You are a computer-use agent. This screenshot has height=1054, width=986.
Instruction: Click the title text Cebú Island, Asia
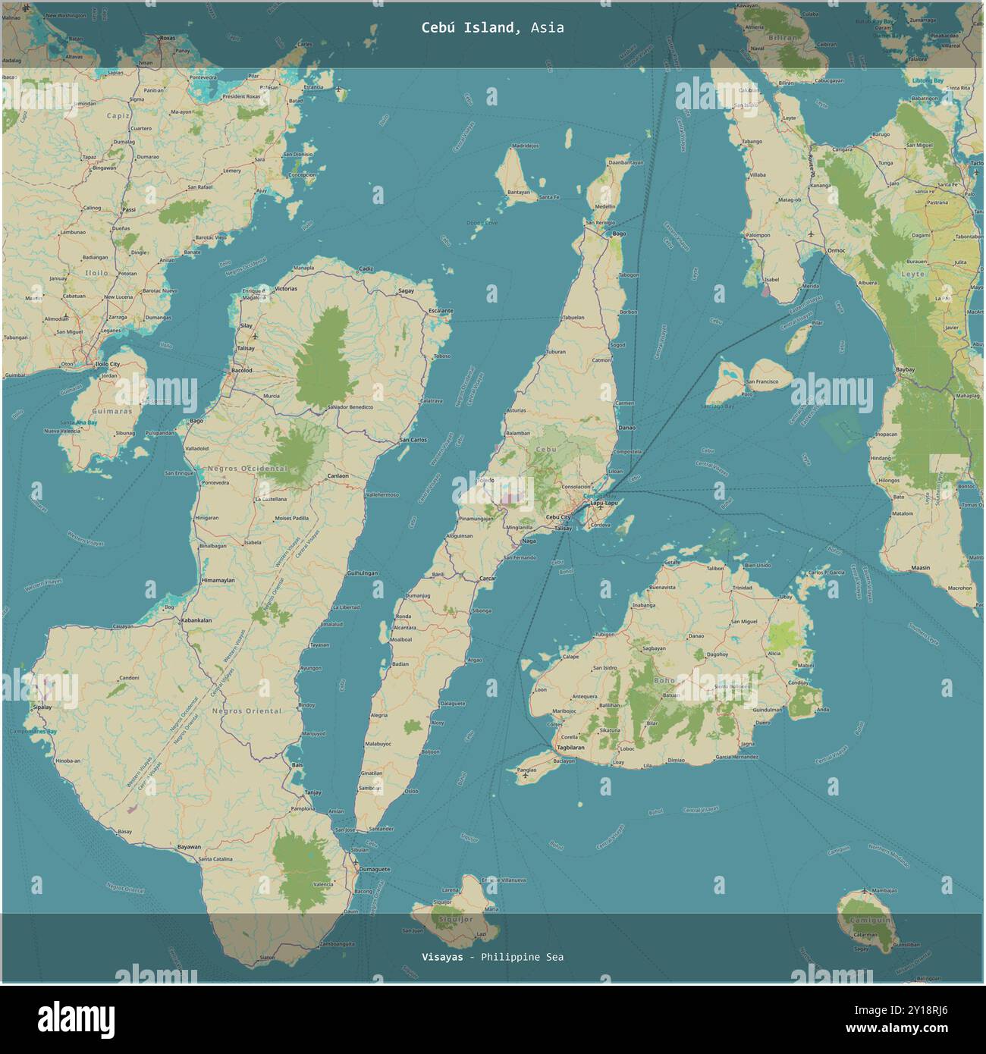coord(492,27)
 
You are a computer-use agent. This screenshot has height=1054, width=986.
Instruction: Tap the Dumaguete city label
coord(375,870)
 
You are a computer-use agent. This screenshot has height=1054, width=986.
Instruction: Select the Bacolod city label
coord(242,371)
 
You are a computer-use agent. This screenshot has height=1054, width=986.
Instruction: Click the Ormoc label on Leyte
coord(835,249)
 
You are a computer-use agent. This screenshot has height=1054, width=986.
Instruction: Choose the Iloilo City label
coord(107,365)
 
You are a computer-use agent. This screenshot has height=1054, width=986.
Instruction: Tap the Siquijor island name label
coord(455,919)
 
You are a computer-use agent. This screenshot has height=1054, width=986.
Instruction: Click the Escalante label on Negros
coord(440,311)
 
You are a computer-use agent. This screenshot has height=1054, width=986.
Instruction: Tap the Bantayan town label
coord(519,193)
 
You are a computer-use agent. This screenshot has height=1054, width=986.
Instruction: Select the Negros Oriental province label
coord(246,711)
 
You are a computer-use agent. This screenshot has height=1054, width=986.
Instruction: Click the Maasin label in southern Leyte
coord(920,567)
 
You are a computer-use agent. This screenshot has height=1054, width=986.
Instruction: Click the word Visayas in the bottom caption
coord(442,957)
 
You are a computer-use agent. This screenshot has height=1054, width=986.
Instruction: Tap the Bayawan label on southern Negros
coord(189,847)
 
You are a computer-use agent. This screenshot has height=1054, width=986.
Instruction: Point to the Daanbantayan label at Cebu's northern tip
coord(626,162)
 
